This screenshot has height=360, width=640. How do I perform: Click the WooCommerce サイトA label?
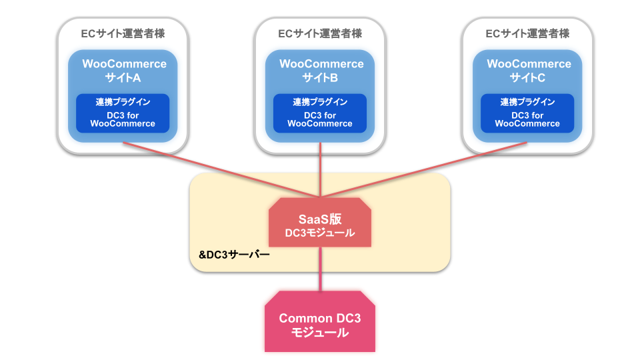124,71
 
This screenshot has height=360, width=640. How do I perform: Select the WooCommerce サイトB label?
321,71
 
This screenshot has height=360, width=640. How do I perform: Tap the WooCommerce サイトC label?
529,71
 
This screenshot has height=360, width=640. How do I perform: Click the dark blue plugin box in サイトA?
123,113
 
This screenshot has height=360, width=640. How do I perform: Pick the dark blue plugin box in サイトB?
320,113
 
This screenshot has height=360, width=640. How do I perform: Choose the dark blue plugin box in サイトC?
527,113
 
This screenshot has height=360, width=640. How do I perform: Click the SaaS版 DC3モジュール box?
320,223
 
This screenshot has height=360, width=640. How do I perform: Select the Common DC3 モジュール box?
320,321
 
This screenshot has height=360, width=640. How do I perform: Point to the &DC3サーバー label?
234,255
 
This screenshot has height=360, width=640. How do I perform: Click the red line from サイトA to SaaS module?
221,170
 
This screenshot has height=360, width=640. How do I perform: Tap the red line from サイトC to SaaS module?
424,170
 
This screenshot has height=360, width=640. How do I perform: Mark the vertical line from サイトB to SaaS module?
321,170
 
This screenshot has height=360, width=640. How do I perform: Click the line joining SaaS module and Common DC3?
321,269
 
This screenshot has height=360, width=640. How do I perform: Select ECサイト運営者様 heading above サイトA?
123,33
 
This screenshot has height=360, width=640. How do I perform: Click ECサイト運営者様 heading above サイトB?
320,33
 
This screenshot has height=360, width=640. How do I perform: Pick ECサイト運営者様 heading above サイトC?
527,33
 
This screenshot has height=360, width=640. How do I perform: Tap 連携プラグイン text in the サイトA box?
123,101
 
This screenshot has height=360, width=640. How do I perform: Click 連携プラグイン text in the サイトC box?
527,101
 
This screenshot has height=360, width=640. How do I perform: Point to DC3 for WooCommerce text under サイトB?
320,119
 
